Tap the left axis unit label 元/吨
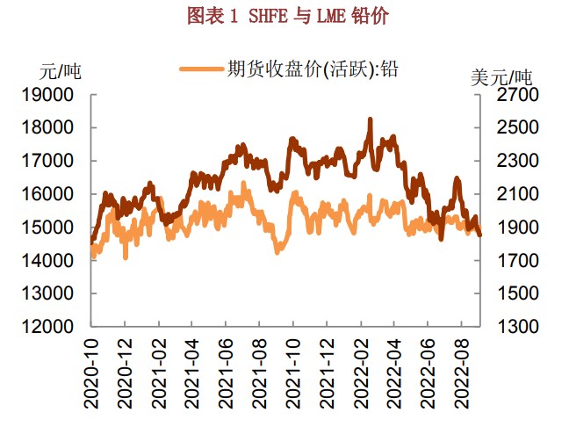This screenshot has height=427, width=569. point(61,71)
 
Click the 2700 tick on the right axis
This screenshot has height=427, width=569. point(511,95)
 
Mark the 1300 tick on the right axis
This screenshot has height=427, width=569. point(511,327)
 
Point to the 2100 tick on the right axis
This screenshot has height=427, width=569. point(511,194)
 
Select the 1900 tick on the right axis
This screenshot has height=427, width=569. point(511,228)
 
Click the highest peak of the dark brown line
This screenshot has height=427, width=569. point(370,119)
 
